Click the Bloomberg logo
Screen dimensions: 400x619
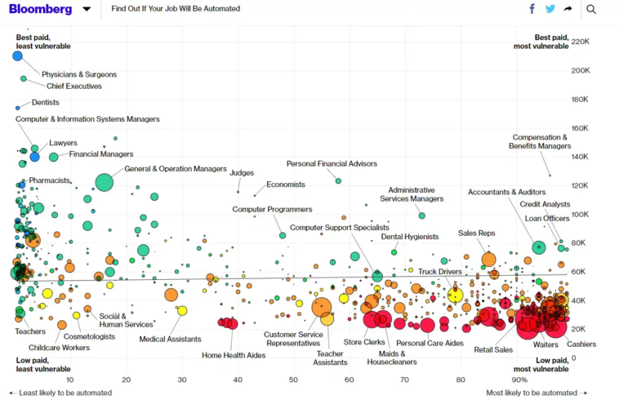(40, 9)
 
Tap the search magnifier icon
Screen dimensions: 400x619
(591, 9)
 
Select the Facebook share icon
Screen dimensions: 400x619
(532, 9)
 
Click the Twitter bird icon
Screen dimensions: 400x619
(550, 9)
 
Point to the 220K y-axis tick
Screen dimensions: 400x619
(581, 42)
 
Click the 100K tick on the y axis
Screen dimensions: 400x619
(581, 214)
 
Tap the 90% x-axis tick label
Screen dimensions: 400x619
(519, 380)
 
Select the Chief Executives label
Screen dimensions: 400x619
(74, 86)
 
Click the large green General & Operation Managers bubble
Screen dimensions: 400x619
(104, 182)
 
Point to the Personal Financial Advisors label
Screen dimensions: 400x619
(332, 163)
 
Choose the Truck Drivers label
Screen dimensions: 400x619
(440, 271)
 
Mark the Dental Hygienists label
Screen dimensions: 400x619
(410, 237)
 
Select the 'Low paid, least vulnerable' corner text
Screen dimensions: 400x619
(37, 364)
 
